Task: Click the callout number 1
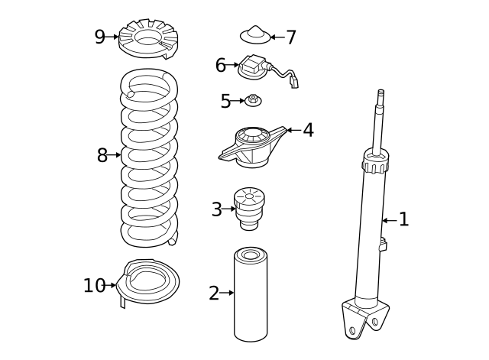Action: click(403, 220)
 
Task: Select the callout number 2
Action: click(214, 293)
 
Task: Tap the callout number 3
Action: click(217, 209)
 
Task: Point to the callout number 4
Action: click(308, 131)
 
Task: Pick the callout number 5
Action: click(225, 102)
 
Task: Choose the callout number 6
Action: click(220, 66)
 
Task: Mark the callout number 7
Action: click(290, 37)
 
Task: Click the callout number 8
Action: click(102, 156)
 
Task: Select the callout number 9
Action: click(99, 37)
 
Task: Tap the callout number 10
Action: click(94, 286)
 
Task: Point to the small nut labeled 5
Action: click(252, 100)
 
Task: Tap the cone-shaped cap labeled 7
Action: click(255, 35)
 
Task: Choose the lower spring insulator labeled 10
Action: click(151, 281)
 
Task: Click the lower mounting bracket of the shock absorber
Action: click(364, 317)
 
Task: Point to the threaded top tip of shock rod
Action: click(380, 96)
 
